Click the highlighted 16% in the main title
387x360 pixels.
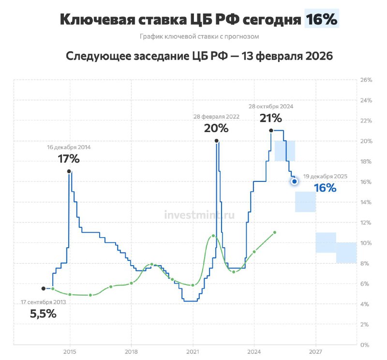[321, 19]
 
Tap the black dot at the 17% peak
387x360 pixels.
[69, 171]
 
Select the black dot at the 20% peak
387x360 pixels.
[216, 141]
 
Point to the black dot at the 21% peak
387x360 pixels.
[271, 130]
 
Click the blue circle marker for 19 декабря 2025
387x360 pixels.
[295, 181]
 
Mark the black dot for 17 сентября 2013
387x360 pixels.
[44, 288]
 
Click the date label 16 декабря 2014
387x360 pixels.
[69, 147]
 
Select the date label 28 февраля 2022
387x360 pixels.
[216, 117]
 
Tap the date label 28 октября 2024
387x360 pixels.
[271, 106]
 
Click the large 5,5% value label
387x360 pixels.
[43, 314]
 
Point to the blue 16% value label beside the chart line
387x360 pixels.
[325, 188]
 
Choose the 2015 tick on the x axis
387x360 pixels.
[70, 352]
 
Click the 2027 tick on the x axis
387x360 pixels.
[315, 352]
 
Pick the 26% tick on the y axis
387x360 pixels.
[366, 80]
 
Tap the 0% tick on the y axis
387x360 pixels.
[365, 345]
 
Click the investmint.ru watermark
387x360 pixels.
[199, 215]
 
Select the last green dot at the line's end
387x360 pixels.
[275, 232]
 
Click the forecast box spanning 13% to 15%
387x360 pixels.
[306, 202]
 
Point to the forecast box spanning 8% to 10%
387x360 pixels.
[346, 253]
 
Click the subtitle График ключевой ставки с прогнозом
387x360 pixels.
[199, 37]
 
